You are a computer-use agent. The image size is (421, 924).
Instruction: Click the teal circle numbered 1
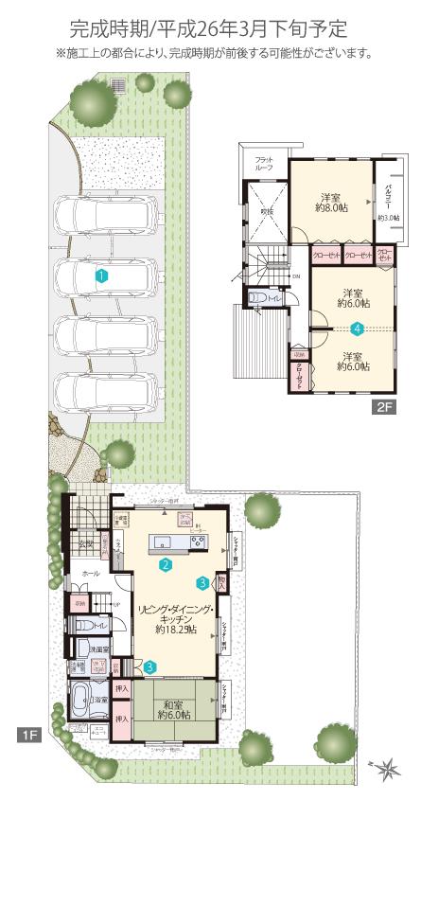tap(101, 275)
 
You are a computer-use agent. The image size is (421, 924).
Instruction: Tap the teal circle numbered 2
tap(165, 565)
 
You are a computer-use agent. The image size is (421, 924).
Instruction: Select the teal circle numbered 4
tap(357, 329)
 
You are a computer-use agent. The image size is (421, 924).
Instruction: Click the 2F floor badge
tap(383, 408)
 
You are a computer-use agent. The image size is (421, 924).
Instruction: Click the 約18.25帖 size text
tap(176, 629)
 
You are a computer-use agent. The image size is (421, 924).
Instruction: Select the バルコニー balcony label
tap(389, 199)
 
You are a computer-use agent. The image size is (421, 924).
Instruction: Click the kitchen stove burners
tap(198, 542)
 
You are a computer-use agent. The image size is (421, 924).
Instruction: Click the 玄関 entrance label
tap(86, 543)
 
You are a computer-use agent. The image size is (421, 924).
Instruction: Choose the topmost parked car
tap(103, 216)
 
